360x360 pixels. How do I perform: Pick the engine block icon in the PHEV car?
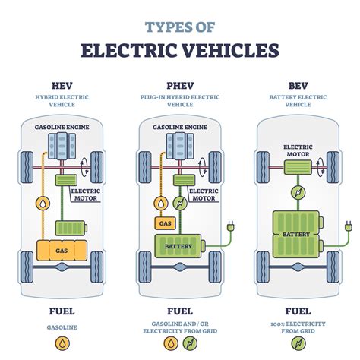point(179,146)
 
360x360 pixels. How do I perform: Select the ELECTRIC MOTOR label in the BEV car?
point(297,150)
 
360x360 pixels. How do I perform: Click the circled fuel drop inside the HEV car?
point(43,203)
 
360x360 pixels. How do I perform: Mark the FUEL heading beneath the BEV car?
point(297,311)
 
